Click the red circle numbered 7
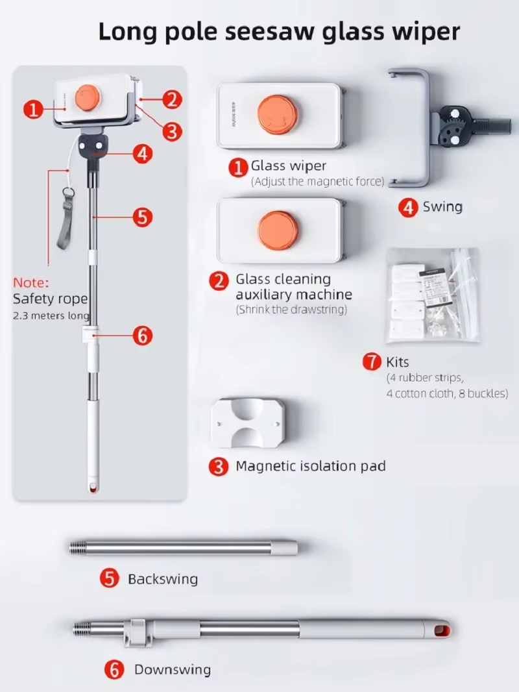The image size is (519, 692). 372,362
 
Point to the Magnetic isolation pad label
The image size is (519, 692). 310,466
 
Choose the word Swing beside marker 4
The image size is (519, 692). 442,207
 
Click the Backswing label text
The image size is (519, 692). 162,578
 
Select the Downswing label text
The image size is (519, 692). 172,669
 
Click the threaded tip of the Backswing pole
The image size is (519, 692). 79,548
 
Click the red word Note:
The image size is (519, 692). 31,283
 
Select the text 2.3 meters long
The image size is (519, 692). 51,315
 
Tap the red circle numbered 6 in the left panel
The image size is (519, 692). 143,336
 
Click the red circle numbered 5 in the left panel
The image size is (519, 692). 143,216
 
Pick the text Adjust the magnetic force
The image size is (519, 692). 317,182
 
